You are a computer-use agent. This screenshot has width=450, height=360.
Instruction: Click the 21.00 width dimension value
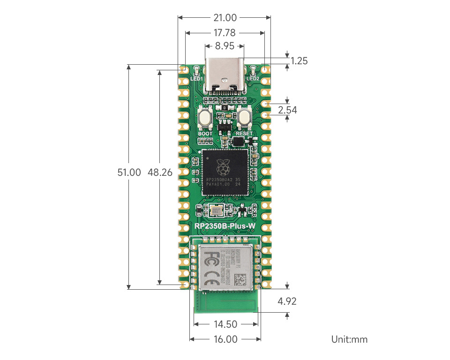click(x=225, y=18)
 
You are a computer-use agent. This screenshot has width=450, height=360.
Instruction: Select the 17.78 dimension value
click(x=225, y=33)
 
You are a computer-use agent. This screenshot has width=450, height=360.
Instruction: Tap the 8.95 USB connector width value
click(x=225, y=46)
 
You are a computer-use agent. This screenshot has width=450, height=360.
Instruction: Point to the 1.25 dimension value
click(x=299, y=60)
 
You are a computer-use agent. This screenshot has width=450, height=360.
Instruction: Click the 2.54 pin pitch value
click(x=287, y=110)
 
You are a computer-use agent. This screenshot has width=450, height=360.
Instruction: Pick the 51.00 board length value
click(x=129, y=172)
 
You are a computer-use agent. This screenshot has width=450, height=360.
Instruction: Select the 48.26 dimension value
click(x=160, y=172)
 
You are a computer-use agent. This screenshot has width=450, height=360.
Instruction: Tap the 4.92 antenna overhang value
click(x=287, y=301)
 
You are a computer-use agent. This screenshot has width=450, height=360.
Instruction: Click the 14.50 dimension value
click(x=225, y=324)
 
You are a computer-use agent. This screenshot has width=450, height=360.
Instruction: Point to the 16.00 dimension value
click(x=225, y=339)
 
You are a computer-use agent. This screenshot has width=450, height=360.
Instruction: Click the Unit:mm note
click(x=349, y=339)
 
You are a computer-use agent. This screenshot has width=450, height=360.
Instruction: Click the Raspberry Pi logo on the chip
click(x=224, y=166)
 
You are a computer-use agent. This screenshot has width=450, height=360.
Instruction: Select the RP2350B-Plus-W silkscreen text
click(x=225, y=227)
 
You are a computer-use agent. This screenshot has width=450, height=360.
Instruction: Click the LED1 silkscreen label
click(x=196, y=79)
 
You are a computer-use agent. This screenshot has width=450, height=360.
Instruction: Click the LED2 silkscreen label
click(x=253, y=79)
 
